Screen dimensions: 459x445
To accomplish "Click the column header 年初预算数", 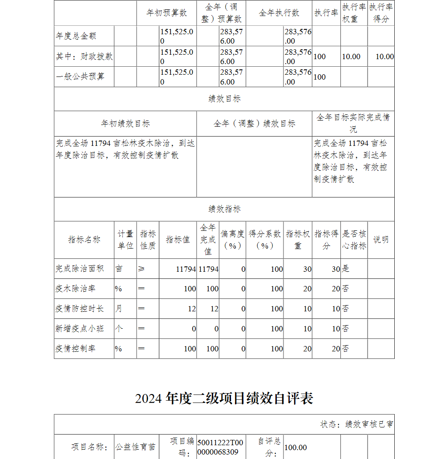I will [167, 13].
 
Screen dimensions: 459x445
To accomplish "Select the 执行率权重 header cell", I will [354, 13].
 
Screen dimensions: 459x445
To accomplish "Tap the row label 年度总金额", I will [76, 36].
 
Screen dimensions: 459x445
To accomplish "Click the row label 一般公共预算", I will [80, 76].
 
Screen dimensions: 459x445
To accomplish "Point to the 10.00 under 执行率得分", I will [384, 56].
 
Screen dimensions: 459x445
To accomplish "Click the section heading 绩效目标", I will [224, 99].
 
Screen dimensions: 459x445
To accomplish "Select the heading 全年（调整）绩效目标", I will [254, 124].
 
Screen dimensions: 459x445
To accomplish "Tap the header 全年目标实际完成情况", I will [353, 123].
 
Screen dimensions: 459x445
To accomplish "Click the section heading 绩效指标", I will [224, 209].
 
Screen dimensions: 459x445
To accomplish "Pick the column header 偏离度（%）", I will [232, 240].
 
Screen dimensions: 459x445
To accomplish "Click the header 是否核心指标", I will [354, 240].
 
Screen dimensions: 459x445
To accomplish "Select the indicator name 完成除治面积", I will [80, 269].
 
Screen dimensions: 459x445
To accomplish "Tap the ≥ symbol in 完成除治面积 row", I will [142, 269].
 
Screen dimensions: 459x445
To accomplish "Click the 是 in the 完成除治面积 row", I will [345, 269].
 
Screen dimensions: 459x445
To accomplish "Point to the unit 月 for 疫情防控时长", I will [119, 309].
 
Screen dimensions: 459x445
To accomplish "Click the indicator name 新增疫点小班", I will [80, 329].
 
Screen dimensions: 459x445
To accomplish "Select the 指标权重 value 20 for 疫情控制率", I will [307, 349].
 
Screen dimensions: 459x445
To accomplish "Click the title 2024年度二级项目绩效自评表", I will [224, 398].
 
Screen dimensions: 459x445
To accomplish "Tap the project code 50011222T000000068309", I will [220, 447].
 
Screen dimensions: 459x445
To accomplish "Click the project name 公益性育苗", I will [136, 447].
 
